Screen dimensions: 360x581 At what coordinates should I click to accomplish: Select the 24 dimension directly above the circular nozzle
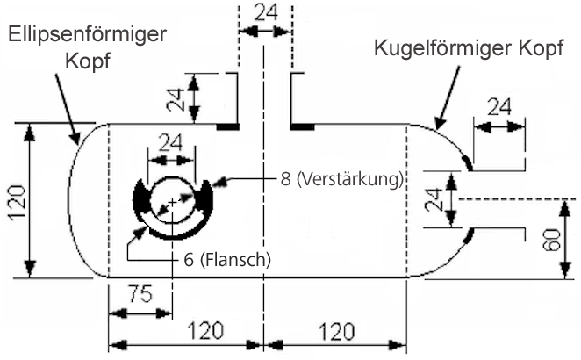click(x=172, y=142)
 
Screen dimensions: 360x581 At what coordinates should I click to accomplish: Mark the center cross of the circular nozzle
click(x=172, y=203)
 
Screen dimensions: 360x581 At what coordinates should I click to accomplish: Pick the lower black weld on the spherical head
click(x=470, y=235)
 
